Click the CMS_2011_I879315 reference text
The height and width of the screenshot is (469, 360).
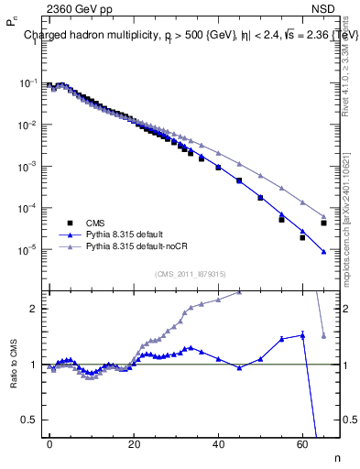191,274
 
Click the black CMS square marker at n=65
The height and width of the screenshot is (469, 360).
323,223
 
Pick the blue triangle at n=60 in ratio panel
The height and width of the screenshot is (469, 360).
302,335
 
